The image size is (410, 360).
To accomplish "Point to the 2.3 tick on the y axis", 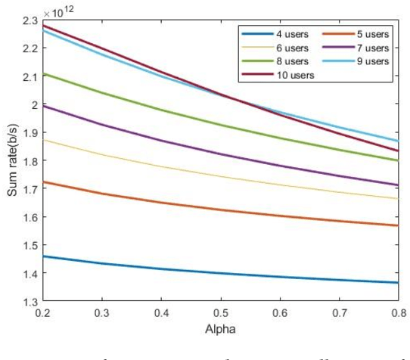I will [x=30, y=20].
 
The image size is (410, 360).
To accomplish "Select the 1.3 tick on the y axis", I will [x=30, y=303].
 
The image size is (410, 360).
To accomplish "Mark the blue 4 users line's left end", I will [x=47, y=256].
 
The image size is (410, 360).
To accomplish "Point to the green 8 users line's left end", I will [x=47, y=73].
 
